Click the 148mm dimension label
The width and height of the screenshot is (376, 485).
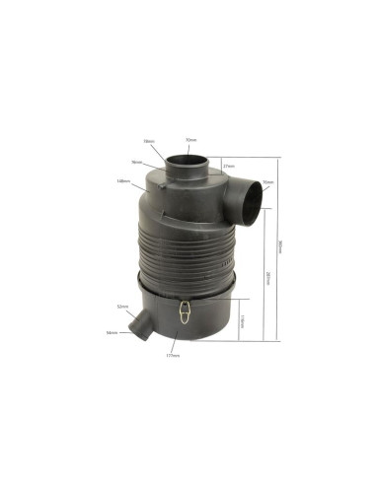122,180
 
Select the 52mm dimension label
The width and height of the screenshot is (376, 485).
122,308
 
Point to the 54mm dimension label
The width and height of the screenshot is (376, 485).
111,332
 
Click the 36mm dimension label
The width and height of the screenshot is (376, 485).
136,162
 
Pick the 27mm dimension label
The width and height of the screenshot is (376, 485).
228,166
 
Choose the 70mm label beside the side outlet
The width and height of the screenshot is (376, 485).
268,183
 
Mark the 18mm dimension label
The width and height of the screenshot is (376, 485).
148,141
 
